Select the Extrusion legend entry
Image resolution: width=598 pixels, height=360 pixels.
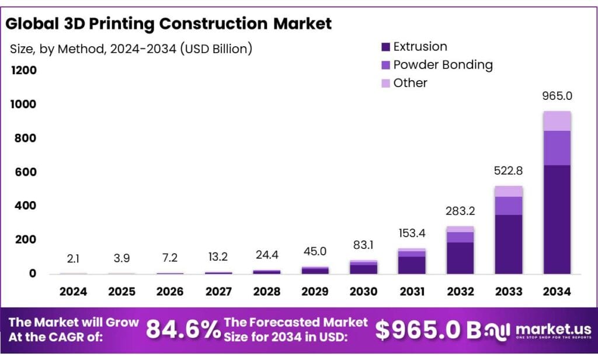[x=419, y=47]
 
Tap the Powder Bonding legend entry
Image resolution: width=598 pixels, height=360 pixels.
[x=442, y=65]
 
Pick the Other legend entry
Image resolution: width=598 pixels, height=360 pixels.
[x=409, y=83]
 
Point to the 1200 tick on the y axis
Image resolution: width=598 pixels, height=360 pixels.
[x=24, y=71]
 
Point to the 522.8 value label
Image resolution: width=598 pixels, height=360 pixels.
[x=508, y=171]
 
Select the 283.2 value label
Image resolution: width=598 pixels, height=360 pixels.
[x=460, y=212]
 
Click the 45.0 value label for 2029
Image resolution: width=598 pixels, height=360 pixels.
[x=315, y=252]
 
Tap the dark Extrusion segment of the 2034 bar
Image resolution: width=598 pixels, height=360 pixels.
[x=557, y=219]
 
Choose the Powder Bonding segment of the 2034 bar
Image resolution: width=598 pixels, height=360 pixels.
[x=557, y=148]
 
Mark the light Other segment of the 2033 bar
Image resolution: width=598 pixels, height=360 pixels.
[x=508, y=191]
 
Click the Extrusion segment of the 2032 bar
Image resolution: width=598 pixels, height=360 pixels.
[x=460, y=258]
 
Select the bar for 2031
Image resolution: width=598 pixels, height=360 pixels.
[x=412, y=261]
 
